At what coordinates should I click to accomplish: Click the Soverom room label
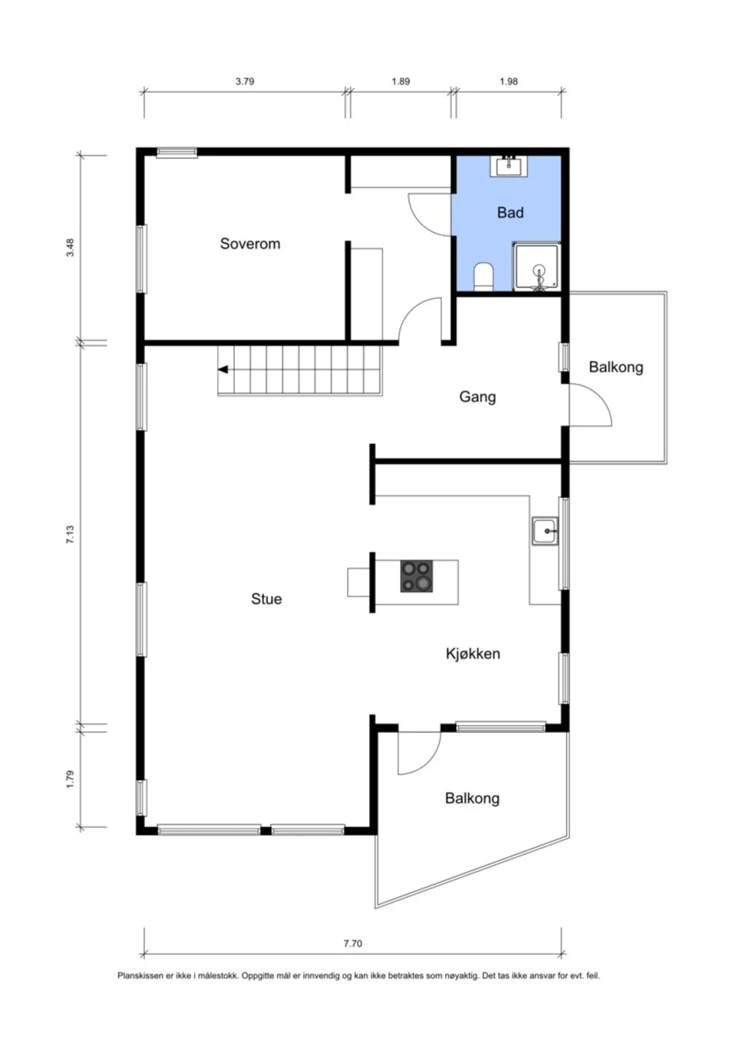point(250,244)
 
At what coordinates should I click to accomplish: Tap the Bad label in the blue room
point(510,213)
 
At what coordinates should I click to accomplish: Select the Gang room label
point(477,397)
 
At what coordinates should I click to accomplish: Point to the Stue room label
point(266,599)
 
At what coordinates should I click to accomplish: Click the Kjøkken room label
point(473,654)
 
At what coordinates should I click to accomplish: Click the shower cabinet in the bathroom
point(537,266)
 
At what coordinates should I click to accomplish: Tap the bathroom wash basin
point(508,166)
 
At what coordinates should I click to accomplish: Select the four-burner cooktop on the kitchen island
point(416,576)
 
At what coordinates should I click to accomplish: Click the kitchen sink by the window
point(545,531)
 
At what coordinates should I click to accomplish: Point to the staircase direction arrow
point(223,369)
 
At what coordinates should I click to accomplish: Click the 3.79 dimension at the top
point(245,81)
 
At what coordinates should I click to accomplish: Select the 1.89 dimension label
point(401,81)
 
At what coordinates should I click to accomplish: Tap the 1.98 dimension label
point(508,81)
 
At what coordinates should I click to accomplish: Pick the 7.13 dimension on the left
point(70,535)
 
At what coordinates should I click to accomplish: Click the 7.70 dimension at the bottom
point(353,943)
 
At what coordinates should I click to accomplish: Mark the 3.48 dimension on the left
point(70,247)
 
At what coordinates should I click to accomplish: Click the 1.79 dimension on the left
point(70,779)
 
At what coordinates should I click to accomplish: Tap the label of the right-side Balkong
point(616,368)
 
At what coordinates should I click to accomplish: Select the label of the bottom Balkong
point(472,798)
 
